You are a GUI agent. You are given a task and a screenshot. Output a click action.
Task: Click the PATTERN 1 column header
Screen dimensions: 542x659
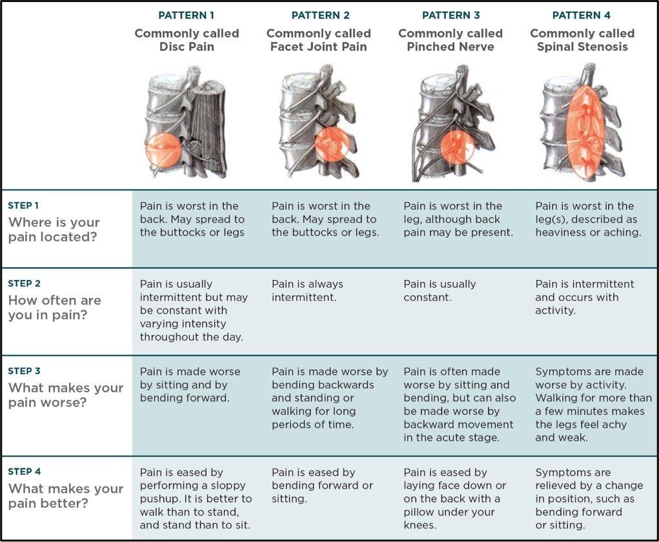click(x=187, y=15)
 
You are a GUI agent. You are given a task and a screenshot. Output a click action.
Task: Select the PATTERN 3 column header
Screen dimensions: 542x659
click(x=450, y=15)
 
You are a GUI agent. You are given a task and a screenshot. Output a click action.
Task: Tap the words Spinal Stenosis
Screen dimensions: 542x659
click(x=582, y=47)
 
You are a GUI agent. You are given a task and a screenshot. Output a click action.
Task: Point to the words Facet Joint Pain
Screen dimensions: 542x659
click(x=319, y=47)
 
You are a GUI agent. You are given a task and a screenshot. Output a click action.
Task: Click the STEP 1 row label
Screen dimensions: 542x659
click(x=24, y=206)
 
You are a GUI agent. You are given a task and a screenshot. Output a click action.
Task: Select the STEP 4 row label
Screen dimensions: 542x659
click(x=25, y=472)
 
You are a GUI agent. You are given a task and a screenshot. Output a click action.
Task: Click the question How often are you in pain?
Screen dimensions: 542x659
click(x=54, y=307)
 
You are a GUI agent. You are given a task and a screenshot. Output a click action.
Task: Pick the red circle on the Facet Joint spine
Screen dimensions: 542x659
click(x=333, y=142)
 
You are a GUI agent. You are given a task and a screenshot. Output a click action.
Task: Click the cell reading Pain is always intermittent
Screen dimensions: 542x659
click(x=307, y=290)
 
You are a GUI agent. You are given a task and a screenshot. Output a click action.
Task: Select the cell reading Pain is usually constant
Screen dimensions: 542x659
click(x=440, y=290)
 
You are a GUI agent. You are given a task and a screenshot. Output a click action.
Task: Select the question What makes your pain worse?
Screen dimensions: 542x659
click(x=65, y=395)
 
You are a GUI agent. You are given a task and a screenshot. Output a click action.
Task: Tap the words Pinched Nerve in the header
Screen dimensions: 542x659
click(x=450, y=47)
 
